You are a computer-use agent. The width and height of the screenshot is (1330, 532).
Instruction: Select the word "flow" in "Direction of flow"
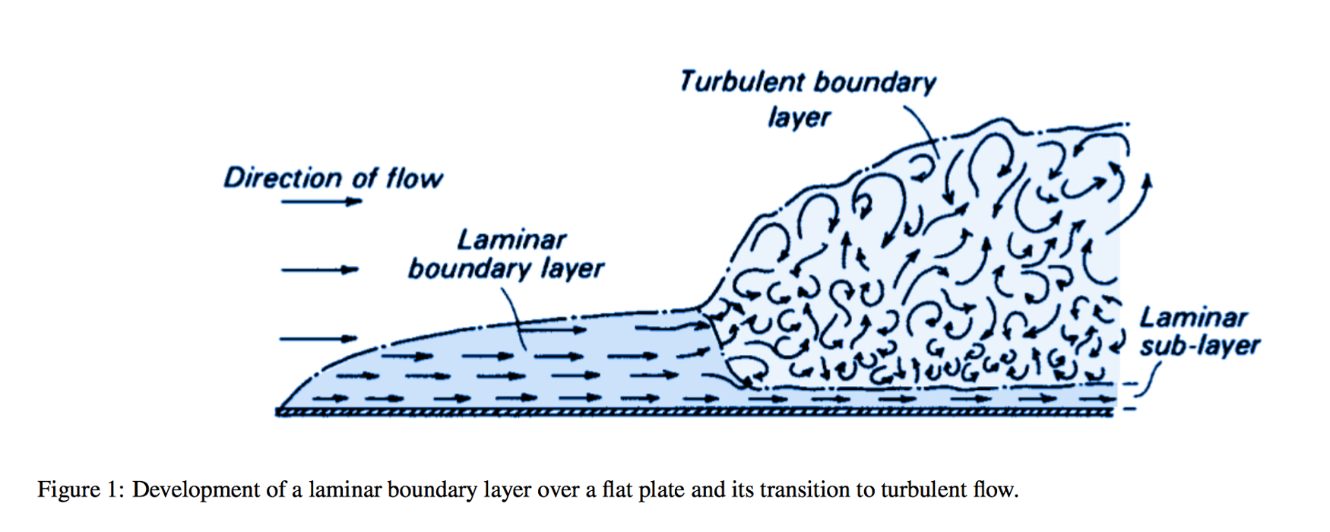(414, 178)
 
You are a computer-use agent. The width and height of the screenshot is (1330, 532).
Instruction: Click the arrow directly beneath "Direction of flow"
(321, 202)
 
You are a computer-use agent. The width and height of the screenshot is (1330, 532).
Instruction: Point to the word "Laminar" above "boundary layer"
(511, 240)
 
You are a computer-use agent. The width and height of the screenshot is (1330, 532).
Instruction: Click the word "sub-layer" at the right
(1199, 347)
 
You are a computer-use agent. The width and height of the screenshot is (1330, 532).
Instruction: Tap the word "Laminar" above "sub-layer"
(1193, 317)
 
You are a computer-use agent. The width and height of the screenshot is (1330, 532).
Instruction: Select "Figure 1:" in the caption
(81, 489)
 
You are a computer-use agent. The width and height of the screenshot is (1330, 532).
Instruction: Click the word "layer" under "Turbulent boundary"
(799, 118)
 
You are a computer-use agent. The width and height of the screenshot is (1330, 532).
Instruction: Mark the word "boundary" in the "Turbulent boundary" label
(876, 82)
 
